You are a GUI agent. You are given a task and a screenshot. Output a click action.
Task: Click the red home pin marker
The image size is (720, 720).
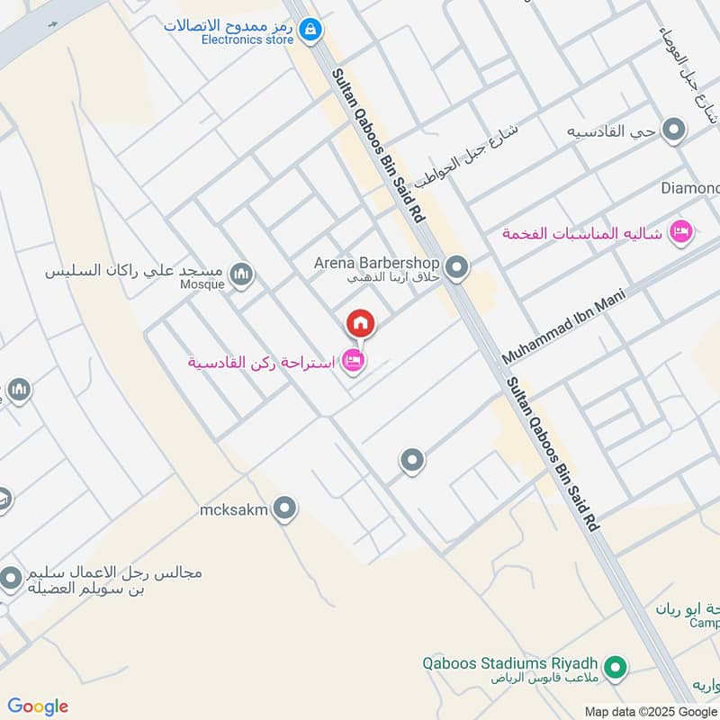(361, 324)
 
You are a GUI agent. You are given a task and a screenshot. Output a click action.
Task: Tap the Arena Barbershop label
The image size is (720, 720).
(376, 263)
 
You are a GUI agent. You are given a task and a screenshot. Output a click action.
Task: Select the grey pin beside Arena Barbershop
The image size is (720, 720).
(457, 267)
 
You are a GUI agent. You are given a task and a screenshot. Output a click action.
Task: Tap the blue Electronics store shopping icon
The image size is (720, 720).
(310, 31)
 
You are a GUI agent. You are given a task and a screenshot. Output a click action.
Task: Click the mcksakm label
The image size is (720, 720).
(234, 510)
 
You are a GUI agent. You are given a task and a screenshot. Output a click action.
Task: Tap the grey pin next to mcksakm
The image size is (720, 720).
(285, 509)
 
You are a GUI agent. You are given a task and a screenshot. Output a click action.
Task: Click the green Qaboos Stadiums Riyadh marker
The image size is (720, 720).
(616, 668)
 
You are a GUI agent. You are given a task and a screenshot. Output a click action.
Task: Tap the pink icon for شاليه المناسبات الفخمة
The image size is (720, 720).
(682, 233)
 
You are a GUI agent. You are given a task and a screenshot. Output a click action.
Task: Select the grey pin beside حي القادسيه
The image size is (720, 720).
(673, 131)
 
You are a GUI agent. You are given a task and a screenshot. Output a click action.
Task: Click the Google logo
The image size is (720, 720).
(38, 706)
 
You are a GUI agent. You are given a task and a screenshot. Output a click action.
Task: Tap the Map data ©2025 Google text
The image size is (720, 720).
(652, 711)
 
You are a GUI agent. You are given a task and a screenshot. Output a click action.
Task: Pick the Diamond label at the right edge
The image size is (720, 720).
(690, 188)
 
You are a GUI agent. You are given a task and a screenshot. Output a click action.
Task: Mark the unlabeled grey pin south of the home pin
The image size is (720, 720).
(412, 462)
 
